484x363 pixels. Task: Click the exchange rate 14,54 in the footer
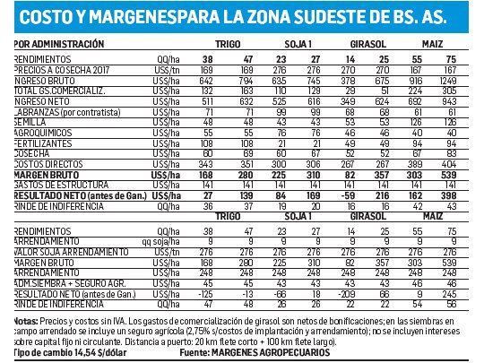coord(88,353)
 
